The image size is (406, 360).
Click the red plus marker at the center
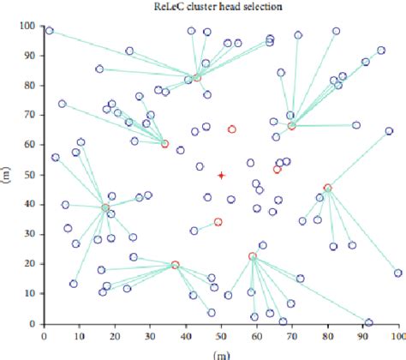pyautogui.click(x=221, y=175)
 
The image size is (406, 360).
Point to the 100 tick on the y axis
pyautogui.click(x=31, y=27)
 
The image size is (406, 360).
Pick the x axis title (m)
pyautogui.click(x=221, y=353)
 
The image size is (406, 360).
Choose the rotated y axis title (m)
pyautogui.click(x=7, y=175)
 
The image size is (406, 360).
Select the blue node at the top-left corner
pyautogui.click(x=50, y=31)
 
